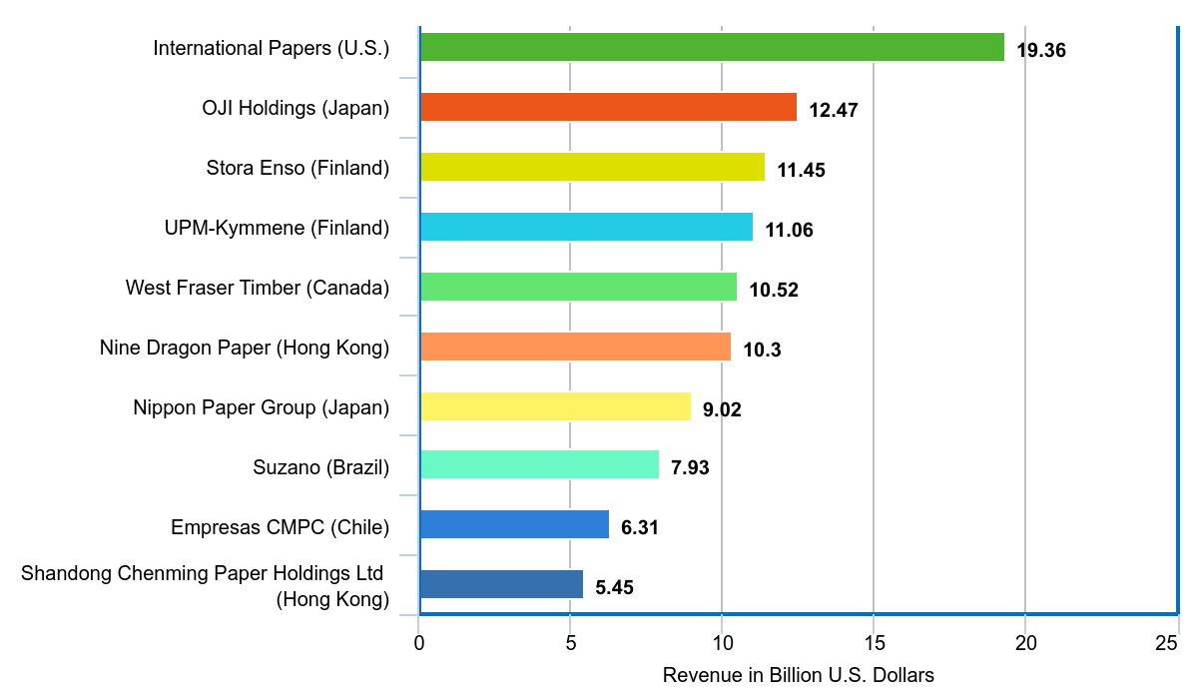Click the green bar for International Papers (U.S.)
[x=711, y=47]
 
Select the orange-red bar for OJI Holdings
[x=607, y=107]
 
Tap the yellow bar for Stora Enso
[x=591, y=167]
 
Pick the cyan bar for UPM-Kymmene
[x=585, y=227]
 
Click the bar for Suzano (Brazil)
[x=539, y=464]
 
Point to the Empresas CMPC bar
[x=514, y=524]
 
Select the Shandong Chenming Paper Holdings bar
[x=501, y=584]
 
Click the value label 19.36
[x=1041, y=50]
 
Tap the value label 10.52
[x=774, y=290]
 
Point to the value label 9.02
[x=722, y=409]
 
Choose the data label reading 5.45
[x=614, y=587]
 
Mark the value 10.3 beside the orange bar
[x=762, y=349]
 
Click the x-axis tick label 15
[x=874, y=644]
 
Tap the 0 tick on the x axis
[x=419, y=644]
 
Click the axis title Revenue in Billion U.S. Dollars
[x=798, y=676]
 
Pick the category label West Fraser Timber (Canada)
[x=257, y=288]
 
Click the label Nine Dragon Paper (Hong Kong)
[x=244, y=348]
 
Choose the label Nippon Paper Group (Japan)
[x=261, y=407]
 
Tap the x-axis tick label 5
[x=570, y=644]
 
